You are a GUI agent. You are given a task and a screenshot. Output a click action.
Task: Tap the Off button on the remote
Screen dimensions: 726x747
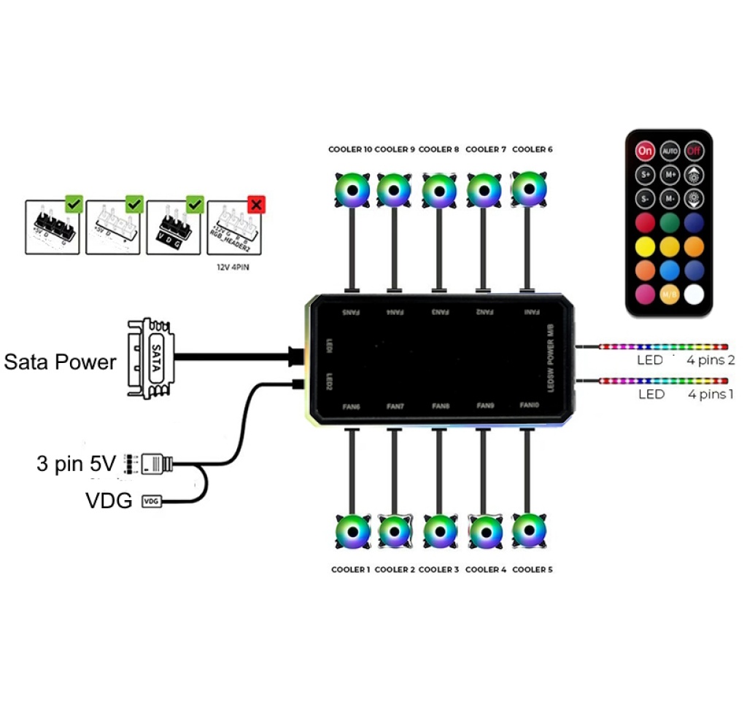(x=693, y=151)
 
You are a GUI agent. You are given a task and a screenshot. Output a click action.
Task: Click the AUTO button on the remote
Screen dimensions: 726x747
(x=670, y=151)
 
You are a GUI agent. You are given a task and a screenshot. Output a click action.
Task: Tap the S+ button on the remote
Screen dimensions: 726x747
(x=645, y=175)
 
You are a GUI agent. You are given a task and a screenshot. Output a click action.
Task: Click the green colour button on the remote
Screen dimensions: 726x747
(x=670, y=222)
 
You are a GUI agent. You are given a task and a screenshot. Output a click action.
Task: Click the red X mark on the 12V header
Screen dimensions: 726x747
(x=256, y=204)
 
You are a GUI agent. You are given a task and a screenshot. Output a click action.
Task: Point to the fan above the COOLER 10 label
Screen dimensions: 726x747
(x=352, y=190)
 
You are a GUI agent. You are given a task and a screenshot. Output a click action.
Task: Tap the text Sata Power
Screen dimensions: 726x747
(x=60, y=362)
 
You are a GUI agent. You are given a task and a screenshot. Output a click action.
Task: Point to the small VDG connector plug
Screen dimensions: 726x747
(x=151, y=501)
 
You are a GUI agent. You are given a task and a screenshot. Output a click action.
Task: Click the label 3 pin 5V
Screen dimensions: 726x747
(x=76, y=463)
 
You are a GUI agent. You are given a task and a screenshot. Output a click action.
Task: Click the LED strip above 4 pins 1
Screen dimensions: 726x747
(x=663, y=380)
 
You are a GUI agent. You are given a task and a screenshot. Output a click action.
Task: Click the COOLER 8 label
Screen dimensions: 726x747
(x=439, y=149)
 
